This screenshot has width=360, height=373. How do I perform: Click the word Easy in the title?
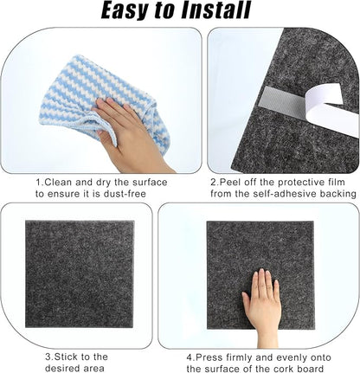click(129, 11)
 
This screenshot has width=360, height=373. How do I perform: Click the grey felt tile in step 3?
click(78, 273)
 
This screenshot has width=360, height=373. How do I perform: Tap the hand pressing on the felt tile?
click(262, 303)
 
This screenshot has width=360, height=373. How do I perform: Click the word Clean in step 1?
click(60, 183)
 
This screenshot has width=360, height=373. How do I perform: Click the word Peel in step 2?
click(233, 183)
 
